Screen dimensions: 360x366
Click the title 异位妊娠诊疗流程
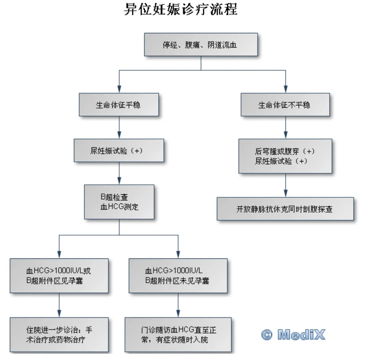pos(181,10)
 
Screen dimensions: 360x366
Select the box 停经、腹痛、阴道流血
pos(201,45)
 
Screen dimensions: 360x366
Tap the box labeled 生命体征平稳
pos(119,105)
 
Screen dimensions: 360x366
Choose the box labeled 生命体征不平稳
pos(285,105)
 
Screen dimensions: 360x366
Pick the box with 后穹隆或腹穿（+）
pos(285,156)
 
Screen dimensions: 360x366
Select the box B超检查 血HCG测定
pos(119,202)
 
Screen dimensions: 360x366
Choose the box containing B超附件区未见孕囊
pos(178,276)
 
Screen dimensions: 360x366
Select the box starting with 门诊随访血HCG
pos(178,334)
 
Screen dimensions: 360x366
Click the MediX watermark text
pos(301,335)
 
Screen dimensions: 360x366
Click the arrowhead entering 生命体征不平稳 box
pos(285,90)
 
